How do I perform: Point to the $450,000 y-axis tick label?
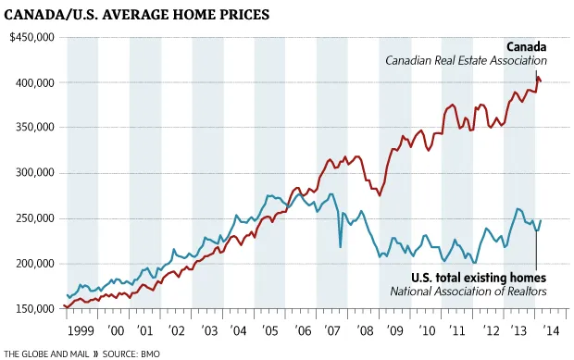[31, 37]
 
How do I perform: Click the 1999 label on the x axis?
[81, 329]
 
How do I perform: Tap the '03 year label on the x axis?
[208, 329]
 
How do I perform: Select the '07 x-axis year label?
[332, 329]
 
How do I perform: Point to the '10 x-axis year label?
[426, 329]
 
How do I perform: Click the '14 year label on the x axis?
[550, 329]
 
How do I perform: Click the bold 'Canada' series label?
[526, 46]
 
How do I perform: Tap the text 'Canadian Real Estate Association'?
[466, 61]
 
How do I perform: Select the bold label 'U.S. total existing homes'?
[479, 277]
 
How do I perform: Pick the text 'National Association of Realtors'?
[468, 291]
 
